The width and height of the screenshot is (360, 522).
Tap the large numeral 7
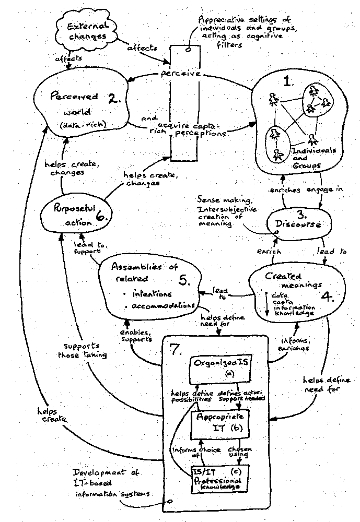point(176,349)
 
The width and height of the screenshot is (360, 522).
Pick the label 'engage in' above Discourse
point(324,190)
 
